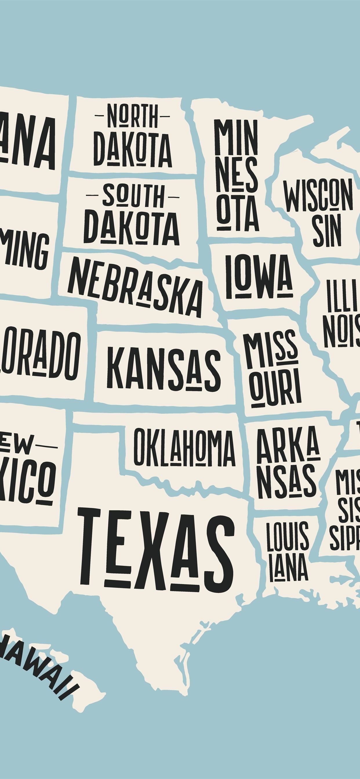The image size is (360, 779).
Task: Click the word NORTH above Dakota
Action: [132, 116]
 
